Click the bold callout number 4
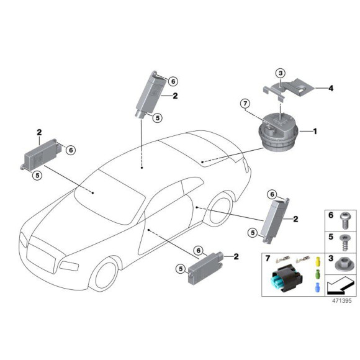tap(331, 89)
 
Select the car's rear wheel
tap(218, 210)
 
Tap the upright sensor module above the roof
tap(152, 94)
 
